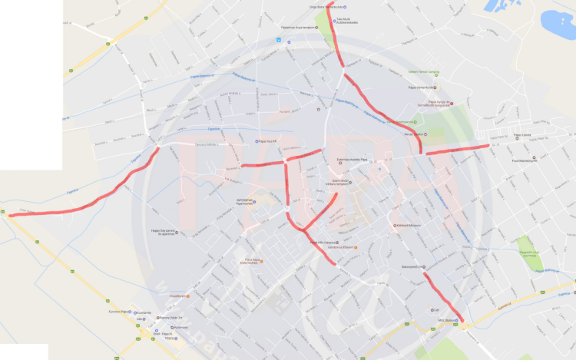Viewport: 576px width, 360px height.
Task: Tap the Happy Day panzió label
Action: point(164,232)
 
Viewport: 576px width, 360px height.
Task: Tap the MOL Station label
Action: point(448,320)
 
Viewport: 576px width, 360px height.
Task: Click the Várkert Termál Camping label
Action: point(423,71)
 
